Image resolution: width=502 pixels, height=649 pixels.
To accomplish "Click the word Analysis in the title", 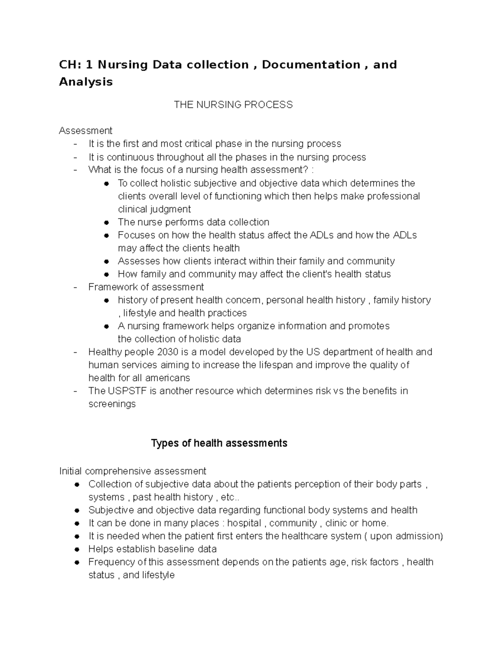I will [86, 82].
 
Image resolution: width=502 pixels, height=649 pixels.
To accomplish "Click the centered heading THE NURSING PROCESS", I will [233, 105].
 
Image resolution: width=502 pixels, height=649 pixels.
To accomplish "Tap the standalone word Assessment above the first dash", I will [85, 131].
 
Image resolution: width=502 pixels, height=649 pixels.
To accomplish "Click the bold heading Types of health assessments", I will [219, 443].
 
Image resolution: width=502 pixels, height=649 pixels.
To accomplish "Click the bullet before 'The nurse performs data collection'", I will [107, 222].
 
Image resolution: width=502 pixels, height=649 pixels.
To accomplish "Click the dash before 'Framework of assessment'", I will [75, 287].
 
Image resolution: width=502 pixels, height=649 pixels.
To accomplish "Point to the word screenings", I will [112, 404].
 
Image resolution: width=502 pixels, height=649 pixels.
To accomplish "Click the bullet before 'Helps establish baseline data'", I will [77, 549].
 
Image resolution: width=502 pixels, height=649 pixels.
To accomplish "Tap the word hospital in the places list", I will [244, 523].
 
